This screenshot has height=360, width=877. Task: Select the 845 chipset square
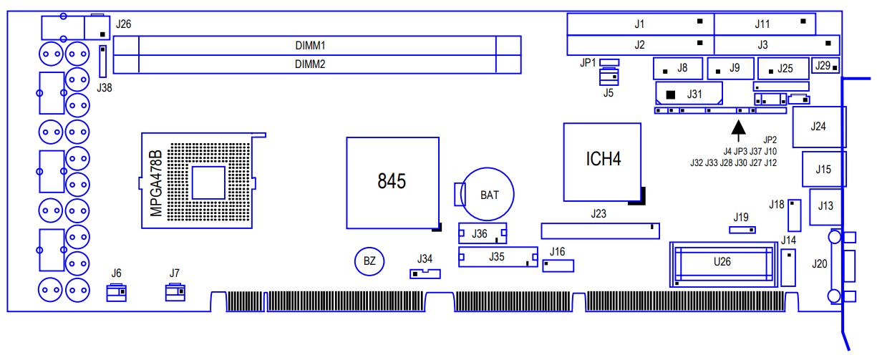[392, 183]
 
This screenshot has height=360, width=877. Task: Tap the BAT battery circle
[489, 195]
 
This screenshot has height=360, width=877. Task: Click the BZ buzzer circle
[369, 261]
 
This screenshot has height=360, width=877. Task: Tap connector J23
[600, 230]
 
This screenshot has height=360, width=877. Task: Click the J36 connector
[482, 233]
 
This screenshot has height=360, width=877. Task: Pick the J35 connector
[498, 256]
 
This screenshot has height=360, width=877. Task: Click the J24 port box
[819, 127]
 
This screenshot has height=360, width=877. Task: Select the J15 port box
[823, 170]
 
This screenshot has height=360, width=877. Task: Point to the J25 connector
[782, 69]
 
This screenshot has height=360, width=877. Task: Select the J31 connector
[688, 94]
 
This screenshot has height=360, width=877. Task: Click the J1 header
[640, 24]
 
